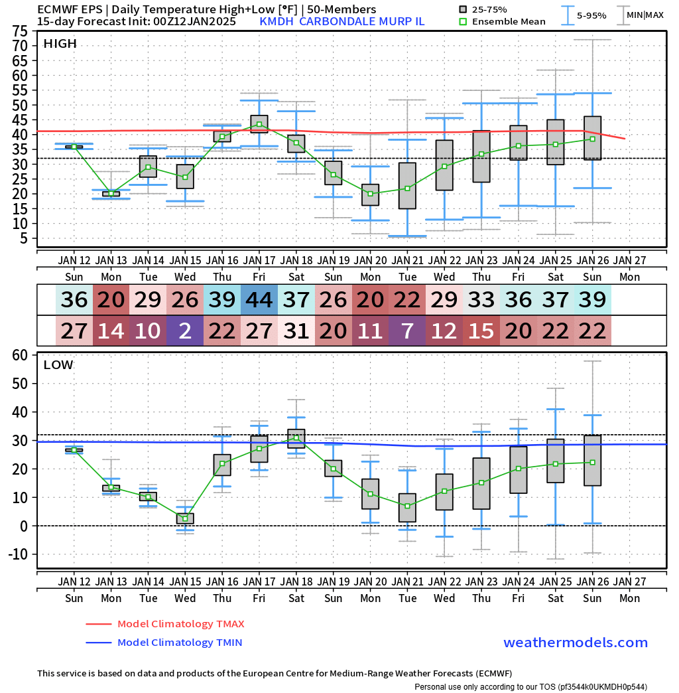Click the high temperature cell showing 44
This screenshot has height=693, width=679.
click(x=259, y=300)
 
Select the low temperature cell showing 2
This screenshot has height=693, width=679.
click(x=185, y=331)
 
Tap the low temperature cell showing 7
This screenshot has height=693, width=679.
click(x=408, y=331)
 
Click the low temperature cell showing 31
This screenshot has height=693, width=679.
click(x=296, y=331)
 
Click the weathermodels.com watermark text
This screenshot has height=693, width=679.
click(x=576, y=643)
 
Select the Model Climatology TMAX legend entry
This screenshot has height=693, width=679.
click(x=180, y=624)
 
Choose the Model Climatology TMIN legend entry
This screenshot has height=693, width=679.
click(x=179, y=643)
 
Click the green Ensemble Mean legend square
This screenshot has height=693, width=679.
click(x=463, y=21)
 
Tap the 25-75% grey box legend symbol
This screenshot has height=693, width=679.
click(x=463, y=9)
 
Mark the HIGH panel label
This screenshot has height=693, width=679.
click(x=60, y=44)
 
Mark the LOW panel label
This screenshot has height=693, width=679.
click(x=58, y=365)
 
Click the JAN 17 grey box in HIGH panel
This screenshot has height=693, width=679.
click(x=259, y=124)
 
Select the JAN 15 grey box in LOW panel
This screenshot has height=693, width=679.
click(x=185, y=518)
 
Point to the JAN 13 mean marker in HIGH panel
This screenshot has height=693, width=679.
click(x=111, y=194)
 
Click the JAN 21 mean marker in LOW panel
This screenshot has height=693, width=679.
click(x=408, y=506)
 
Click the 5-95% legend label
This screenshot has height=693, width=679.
click(x=591, y=15)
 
